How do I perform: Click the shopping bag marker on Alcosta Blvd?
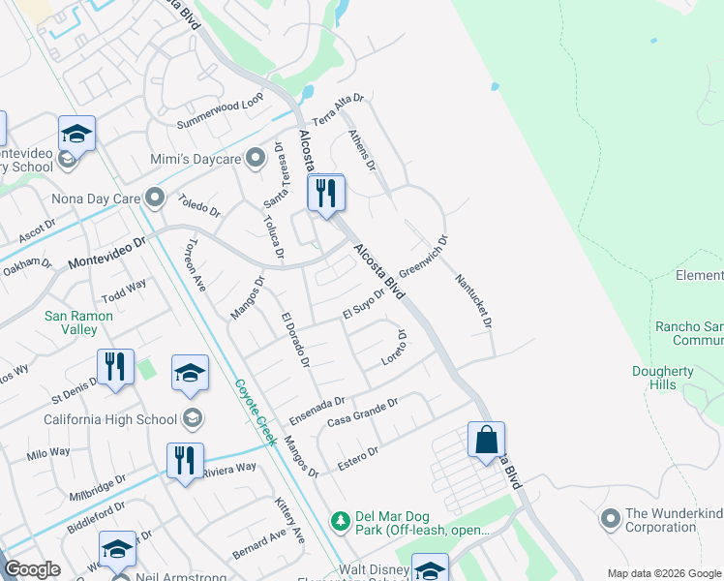click(x=486, y=440)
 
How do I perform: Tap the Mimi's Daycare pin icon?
click(x=256, y=158)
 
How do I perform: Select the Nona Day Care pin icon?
click(x=155, y=199)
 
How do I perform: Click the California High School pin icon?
click(x=193, y=418)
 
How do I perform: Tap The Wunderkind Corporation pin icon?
click(x=610, y=519)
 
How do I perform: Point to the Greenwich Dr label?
click(x=423, y=257)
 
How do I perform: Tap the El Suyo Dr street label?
click(x=364, y=302)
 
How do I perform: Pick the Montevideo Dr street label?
click(x=106, y=255)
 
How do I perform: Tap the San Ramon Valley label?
click(x=79, y=322)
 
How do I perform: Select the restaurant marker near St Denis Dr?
click(x=115, y=367)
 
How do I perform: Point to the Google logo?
click(x=31, y=569)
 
